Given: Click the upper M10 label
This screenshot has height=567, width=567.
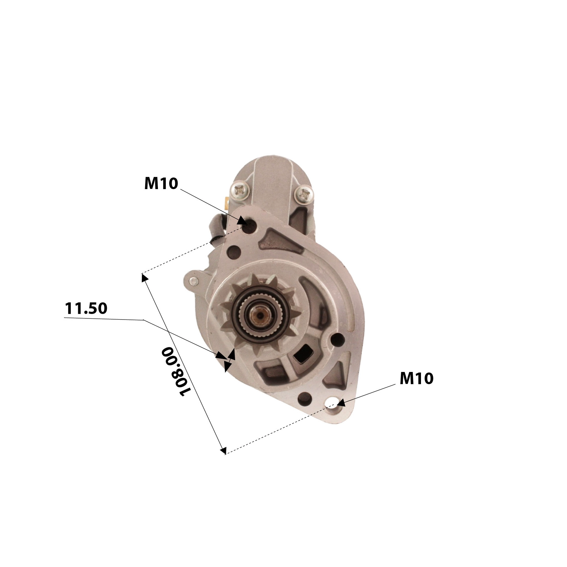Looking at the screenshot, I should pyautogui.click(x=161, y=184).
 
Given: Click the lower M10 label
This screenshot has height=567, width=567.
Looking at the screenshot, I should pyautogui.click(x=416, y=378).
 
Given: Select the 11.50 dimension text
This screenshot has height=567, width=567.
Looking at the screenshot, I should pyautogui.click(x=86, y=308).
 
